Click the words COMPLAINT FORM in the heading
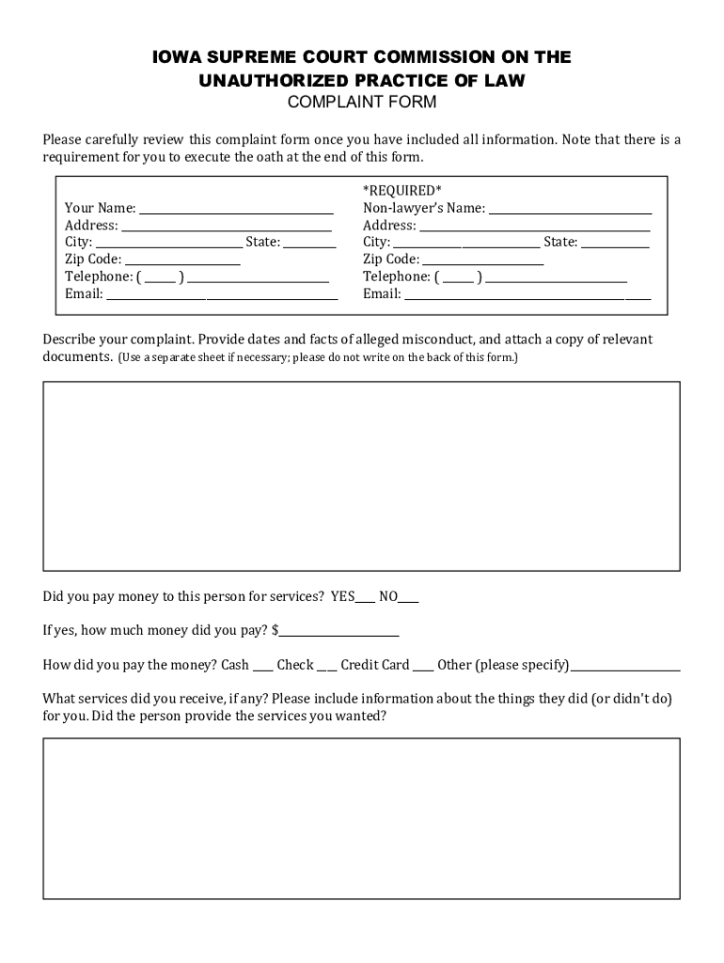361,103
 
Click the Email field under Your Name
221,295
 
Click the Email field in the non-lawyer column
527,295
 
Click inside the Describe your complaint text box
361,476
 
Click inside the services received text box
361,818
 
